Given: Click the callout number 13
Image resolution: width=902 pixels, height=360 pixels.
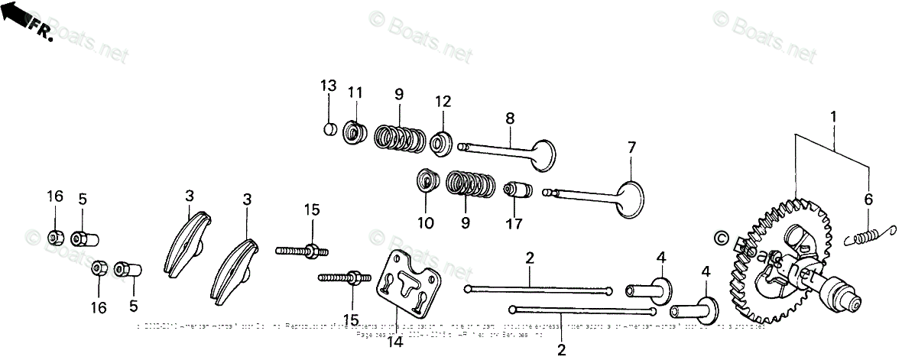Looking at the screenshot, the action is pyautogui.click(x=328, y=85).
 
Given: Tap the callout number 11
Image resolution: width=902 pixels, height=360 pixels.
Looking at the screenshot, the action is pyautogui.click(x=354, y=92).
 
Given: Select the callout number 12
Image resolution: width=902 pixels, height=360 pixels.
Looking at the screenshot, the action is pyautogui.click(x=443, y=101).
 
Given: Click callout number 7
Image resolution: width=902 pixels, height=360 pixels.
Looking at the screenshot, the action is pyautogui.click(x=631, y=146).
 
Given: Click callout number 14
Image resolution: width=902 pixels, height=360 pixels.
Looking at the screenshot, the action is pyautogui.click(x=395, y=342).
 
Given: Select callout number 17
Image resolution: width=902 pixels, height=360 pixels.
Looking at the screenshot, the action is pyautogui.click(x=514, y=224).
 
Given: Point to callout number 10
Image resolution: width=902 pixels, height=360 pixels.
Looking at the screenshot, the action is pyautogui.click(x=425, y=223).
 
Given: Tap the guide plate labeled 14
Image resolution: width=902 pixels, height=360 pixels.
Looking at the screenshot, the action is pyautogui.click(x=405, y=284).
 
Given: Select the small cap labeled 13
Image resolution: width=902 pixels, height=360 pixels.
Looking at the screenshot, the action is pyautogui.click(x=329, y=128).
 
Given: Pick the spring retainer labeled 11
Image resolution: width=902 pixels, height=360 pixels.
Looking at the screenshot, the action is pyautogui.click(x=354, y=132).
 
